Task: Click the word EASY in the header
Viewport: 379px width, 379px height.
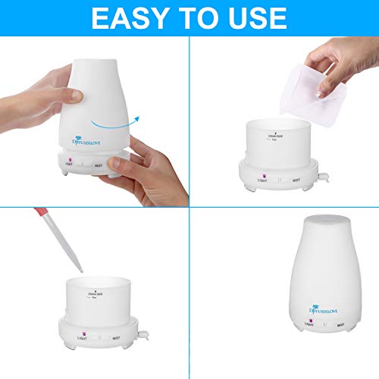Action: click(x=132, y=17)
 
